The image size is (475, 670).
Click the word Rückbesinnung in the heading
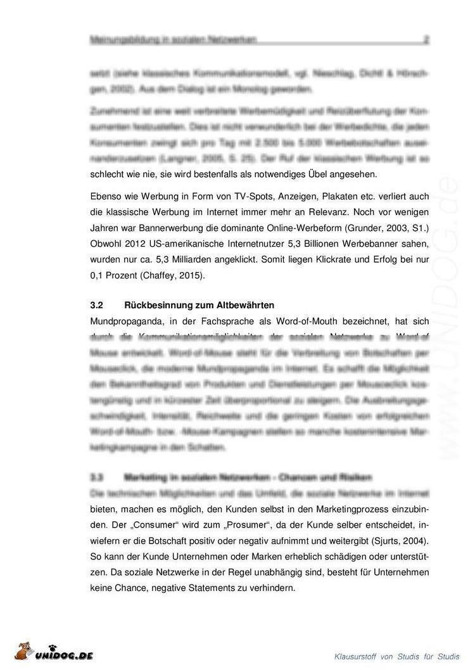tap(157, 304)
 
